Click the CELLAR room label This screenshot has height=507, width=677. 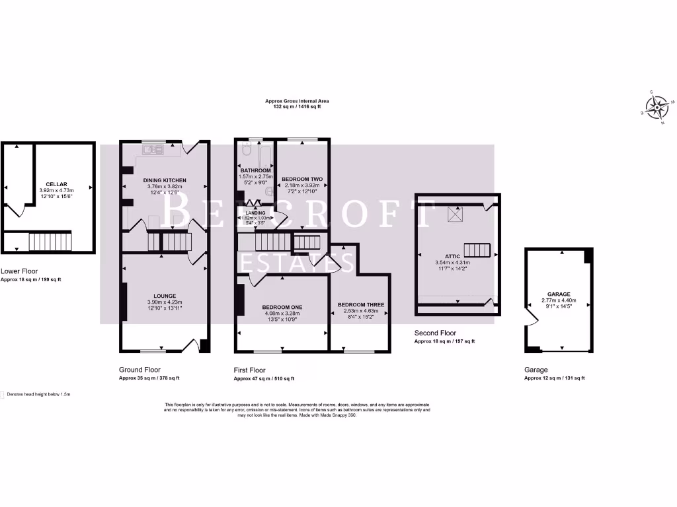(56, 184)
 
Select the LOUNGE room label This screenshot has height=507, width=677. (164, 296)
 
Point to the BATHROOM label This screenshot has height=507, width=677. (256, 171)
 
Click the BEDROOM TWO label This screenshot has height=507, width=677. (302, 179)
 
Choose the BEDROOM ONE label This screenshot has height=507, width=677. (282, 308)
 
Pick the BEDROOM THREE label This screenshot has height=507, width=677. (361, 304)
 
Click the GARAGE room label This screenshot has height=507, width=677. (559, 294)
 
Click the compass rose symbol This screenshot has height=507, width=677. (658, 107)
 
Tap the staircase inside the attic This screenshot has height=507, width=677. (478, 250)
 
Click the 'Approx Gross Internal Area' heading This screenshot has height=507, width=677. (297, 101)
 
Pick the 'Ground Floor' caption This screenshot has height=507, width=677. (139, 370)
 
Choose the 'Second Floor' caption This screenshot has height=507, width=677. (435, 333)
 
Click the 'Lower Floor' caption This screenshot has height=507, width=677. (19, 271)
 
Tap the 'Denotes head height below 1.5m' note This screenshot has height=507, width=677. (39, 394)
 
